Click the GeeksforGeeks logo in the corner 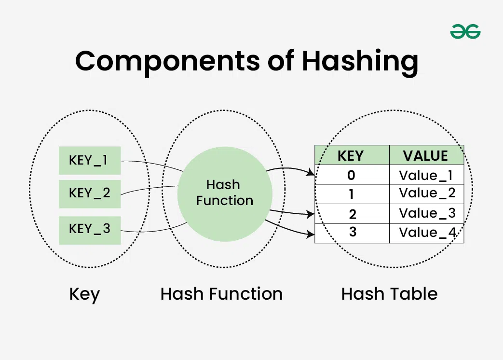point(465,32)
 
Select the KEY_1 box point(90,160)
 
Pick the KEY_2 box point(90,194)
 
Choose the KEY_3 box point(90,230)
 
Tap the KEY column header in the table point(352,155)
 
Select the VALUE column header point(426,155)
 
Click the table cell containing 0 point(352,175)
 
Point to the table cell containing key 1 point(352,194)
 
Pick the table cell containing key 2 point(352,213)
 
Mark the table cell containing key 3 point(352,233)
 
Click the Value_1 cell point(426,175)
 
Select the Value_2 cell point(426,194)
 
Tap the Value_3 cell point(426,213)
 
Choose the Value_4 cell point(426,233)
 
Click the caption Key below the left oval point(84,294)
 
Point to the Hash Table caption point(389,294)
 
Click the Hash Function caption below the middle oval point(221,294)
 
